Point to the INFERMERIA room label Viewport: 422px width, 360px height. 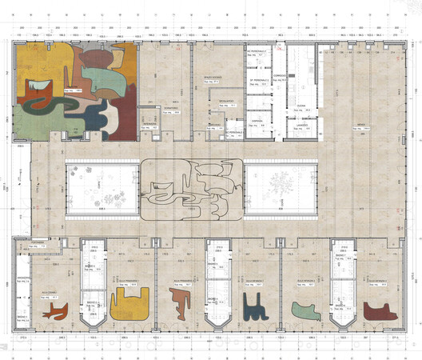(149, 126)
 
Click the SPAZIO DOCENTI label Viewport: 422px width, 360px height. (211, 78)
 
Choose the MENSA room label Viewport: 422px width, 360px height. (360, 124)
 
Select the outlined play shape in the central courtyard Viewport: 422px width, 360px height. (192, 188)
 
